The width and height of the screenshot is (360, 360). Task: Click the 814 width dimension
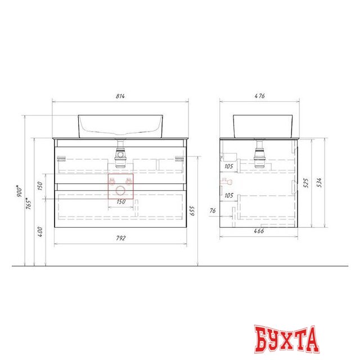click(120, 97)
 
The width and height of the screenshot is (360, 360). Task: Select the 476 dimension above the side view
click(259, 97)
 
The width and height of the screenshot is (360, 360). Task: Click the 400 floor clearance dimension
click(40, 231)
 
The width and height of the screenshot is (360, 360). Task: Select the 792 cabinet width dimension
click(120, 238)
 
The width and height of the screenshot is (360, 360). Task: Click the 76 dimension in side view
click(213, 211)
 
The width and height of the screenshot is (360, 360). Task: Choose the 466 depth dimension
click(259, 231)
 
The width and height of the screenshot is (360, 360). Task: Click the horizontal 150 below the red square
click(120, 201)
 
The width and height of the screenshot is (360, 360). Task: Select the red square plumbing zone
click(120, 186)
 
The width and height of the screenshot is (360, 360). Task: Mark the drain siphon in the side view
click(259, 155)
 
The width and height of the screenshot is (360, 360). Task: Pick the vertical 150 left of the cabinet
click(40, 186)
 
